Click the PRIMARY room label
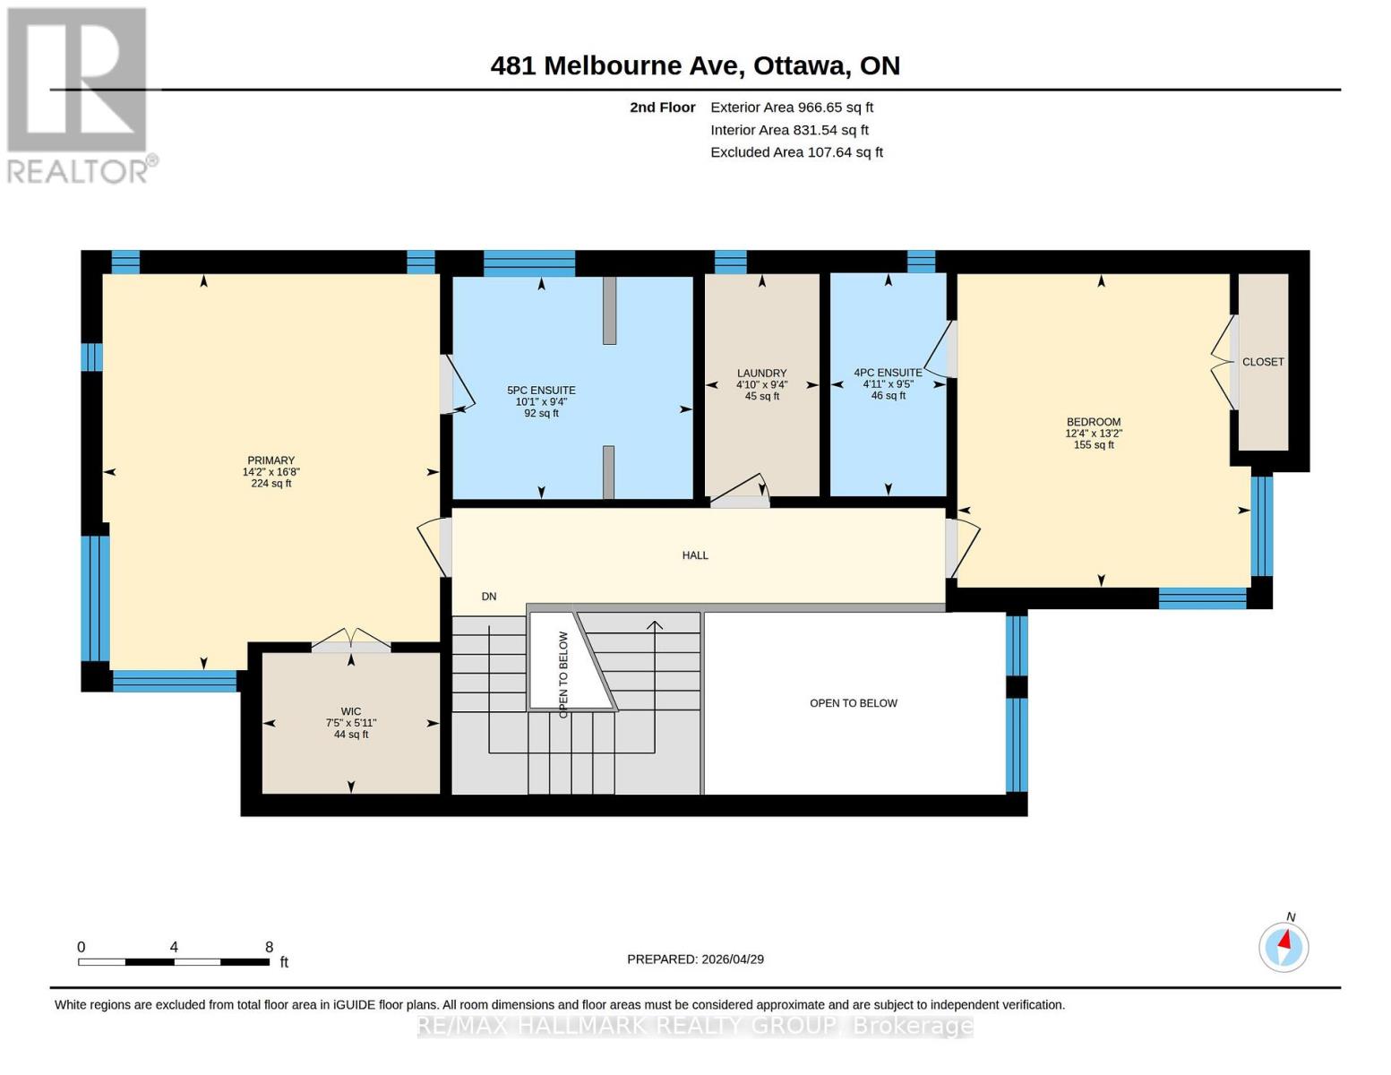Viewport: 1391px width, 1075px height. pyautogui.click(x=270, y=460)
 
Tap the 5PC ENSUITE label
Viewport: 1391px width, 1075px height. pyautogui.click(x=541, y=391)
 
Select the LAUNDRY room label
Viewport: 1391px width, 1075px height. pyautogui.click(x=761, y=374)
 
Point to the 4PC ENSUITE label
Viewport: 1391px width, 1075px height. pyautogui.click(x=888, y=373)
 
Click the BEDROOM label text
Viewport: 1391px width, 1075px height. pyautogui.click(x=1093, y=422)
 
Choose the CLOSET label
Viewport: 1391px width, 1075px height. pyautogui.click(x=1263, y=362)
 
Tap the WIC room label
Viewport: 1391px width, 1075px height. pyautogui.click(x=351, y=712)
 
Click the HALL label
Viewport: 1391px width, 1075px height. pyautogui.click(x=695, y=555)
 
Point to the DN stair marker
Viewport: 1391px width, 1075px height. pyautogui.click(x=489, y=597)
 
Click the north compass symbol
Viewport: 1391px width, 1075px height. pyautogui.click(x=1284, y=946)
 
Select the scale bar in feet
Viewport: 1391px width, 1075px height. pyautogui.click(x=174, y=961)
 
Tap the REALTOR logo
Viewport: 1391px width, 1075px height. pyautogui.click(x=79, y=94)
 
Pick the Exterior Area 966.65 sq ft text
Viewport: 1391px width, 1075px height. pyautogui.click(x=792, y=107)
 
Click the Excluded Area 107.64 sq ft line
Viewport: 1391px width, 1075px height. pyautogui.click(x=796, y=152)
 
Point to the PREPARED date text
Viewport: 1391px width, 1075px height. pyautogui.click(x=695, y=959)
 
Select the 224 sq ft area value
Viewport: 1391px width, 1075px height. pyautogui.click(x=270, y=484)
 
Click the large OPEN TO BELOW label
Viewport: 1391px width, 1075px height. pyautogui.click(x=853, y=703)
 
